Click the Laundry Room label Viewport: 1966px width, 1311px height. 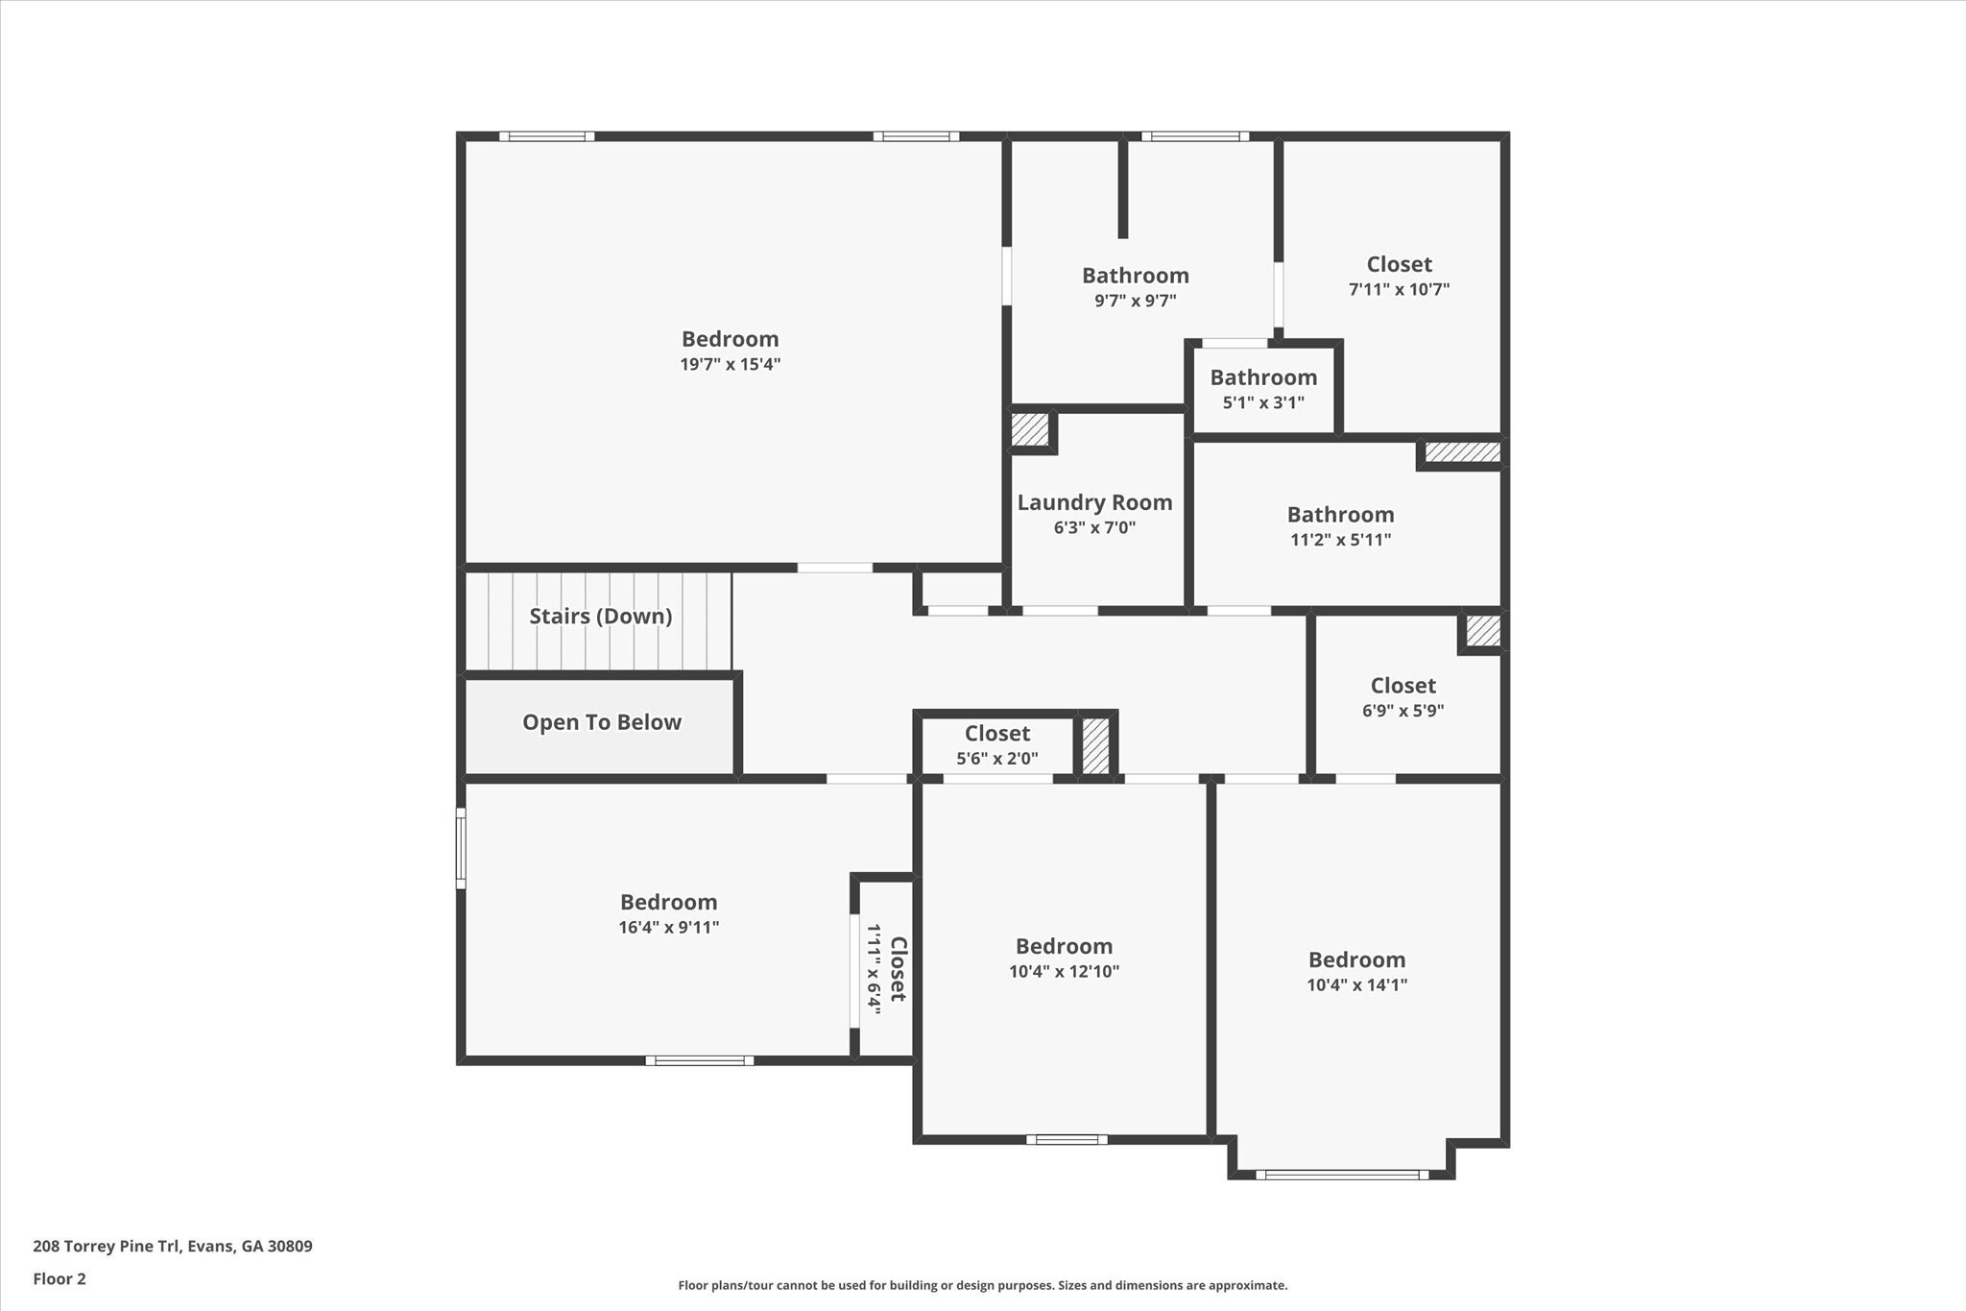click(x=1094, y=502)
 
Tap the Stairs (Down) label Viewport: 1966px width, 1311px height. click(x=600, y=616)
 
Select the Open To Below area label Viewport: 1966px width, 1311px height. click(x=601, y=722)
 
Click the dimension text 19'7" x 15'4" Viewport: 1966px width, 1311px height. click(x=730, y=364)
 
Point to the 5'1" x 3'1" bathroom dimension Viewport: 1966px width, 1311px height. click(x=1262, y=402)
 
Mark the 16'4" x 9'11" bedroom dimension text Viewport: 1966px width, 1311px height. click(x=668, y=928)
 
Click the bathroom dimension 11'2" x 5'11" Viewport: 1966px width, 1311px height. click(x=1340, y=540)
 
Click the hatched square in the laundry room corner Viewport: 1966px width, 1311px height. click(x=1030, y=429)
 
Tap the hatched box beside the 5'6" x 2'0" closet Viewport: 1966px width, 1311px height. click(x=1095, y=746)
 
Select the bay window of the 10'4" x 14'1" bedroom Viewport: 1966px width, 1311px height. click(x=1341, y=1174)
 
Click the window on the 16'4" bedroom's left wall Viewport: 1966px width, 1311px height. click(x=461, y=848)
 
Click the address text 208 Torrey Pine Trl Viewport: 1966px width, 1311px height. click(x=173, y=1247)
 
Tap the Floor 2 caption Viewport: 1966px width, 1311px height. click(x=60, y=1278)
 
